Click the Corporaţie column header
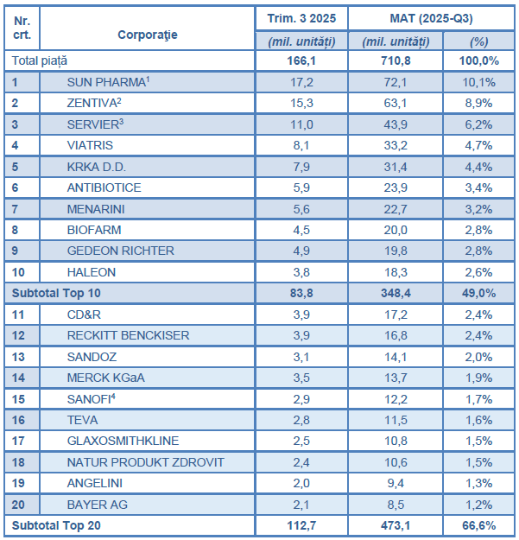[147, 35]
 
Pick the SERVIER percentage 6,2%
[481, 124]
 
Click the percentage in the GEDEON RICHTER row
[481, 251]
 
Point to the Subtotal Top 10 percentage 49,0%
[481, 294]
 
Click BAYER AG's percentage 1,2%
[481, 505]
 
